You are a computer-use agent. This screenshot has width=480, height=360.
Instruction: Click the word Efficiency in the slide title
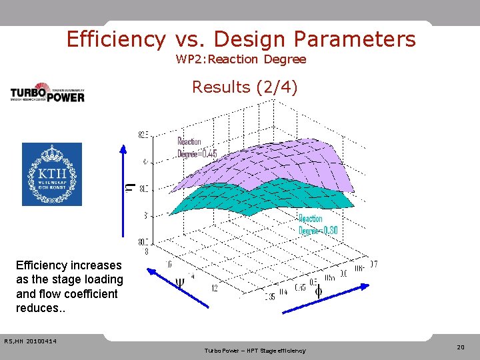[115, 39]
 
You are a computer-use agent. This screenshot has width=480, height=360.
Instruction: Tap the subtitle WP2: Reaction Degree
[241, 59]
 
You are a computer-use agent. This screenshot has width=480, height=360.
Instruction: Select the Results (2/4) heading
[245, 87]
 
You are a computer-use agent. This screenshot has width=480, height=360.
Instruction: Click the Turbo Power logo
[47, 93]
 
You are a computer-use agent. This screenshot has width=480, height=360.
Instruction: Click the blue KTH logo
[52, 174]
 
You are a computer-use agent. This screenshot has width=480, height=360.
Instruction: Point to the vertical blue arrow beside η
[123, 189]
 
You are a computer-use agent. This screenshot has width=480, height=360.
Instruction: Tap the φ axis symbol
[318, 291]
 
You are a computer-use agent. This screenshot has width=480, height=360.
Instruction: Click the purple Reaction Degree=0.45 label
[197, 147]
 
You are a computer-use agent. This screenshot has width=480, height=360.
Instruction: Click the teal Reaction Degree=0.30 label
[318, 225]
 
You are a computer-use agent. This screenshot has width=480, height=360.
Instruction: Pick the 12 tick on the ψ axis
[213, 288]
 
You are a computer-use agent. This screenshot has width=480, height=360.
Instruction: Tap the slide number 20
[460, 347]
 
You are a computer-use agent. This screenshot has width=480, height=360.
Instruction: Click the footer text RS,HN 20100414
[30, 341]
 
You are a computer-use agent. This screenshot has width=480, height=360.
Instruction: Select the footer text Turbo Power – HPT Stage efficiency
[255, 351]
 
